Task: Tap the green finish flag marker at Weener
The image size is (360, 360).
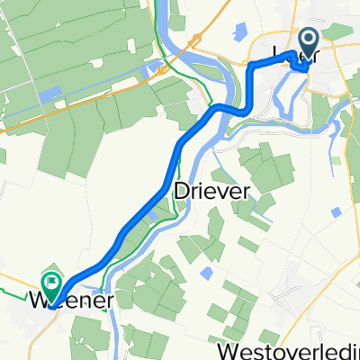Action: tap(51, 284)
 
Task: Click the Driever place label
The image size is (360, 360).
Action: tap(208, 191)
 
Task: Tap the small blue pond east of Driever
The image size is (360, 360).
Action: tap(335, 211)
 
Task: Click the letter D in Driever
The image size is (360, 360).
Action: tap(180, 191)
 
